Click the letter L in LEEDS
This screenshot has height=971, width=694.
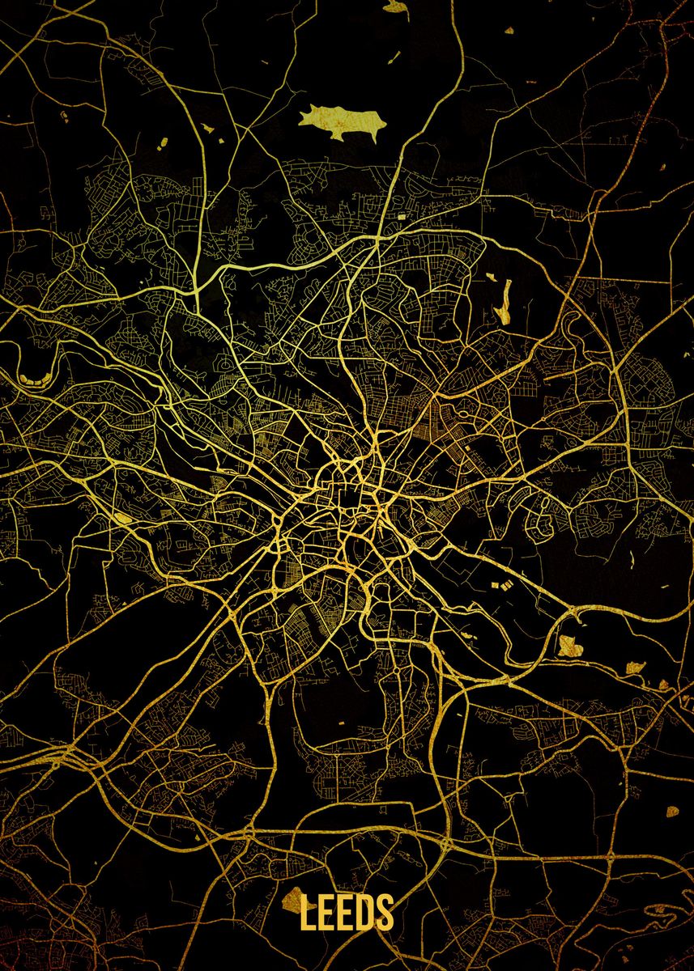point(309,912)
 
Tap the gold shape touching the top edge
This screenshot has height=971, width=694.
point(395,6)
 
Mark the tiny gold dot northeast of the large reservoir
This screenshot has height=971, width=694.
point(509,31)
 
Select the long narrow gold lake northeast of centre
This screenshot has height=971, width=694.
point(506,301)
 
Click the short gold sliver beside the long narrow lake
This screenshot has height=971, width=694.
point(491,278)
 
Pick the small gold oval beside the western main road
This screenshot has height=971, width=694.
point(122,517)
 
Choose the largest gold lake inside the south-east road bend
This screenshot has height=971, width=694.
point(572,645)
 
